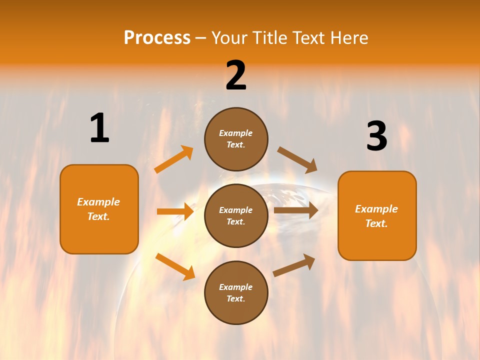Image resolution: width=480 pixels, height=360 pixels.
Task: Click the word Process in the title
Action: [157, 37]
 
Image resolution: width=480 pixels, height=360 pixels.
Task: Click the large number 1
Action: [99, 128]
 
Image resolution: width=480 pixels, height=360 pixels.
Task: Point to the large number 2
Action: [236, 75]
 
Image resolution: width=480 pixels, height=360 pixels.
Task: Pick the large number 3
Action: [376, 136]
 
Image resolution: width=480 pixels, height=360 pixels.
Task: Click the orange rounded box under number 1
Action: [99, 209]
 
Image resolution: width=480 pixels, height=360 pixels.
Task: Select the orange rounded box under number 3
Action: [377, 215]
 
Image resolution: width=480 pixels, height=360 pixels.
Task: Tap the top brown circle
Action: [236, 139]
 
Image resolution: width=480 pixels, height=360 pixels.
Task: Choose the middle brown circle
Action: [236, 215]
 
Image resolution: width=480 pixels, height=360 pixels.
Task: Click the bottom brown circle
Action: [236, 292]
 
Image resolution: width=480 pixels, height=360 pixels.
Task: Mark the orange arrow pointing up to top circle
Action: [174, 159]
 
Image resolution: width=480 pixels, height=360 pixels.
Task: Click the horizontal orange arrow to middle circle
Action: [175, 211]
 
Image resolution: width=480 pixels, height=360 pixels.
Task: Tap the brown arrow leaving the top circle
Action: [297, 159]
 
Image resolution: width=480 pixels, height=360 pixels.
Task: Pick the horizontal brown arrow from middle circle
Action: [296, 210]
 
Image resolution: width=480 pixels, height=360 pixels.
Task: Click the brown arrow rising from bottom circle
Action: [294, 265]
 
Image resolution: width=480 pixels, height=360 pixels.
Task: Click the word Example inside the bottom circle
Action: [235, 287]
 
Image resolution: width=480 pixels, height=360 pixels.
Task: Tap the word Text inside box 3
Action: [376, 223]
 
